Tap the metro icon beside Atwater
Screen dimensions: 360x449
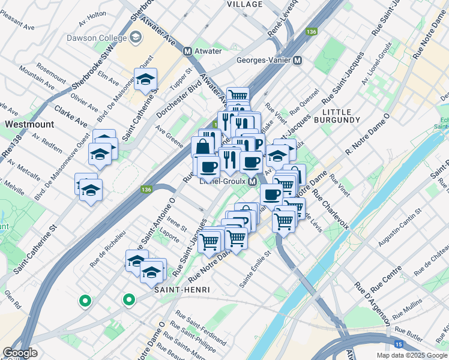point(188,51)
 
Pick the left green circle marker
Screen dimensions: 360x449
point(85,301)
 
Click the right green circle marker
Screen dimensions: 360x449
point(128,299)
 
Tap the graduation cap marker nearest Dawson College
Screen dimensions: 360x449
point(144,79)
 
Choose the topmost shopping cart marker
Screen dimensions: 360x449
point(238,95)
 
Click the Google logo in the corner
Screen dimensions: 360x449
point(20,353)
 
